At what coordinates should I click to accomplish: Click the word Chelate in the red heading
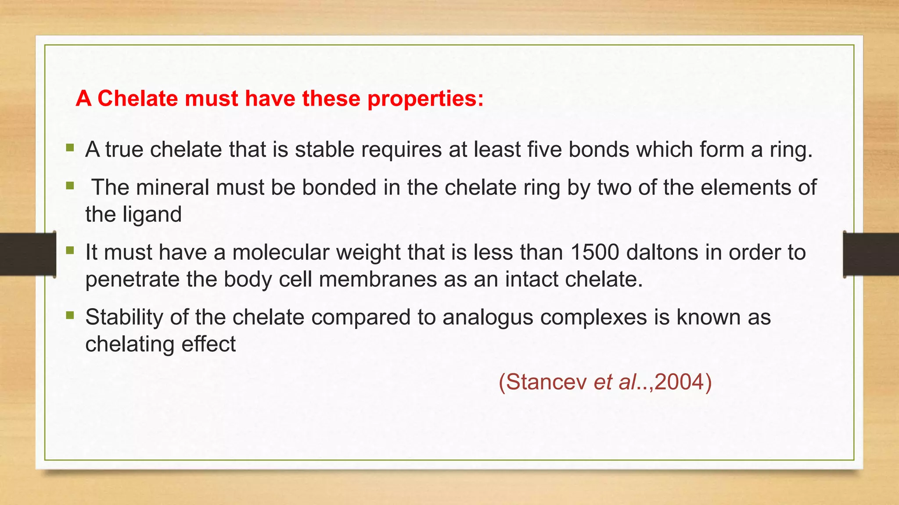click(x=138, y=98)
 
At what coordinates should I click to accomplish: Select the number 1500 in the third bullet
click(x=595, y=252)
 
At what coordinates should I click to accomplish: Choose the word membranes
click(x=378, y=279)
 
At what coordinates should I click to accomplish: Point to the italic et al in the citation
click(x=615, y=382)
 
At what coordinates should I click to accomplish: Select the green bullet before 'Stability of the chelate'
click(x=70, y=315)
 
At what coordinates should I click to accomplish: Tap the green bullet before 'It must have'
click(x=70, y=250)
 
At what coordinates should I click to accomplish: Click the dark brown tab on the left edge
click(x=28, y=254)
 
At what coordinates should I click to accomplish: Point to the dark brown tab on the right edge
click(x=871, y=254)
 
